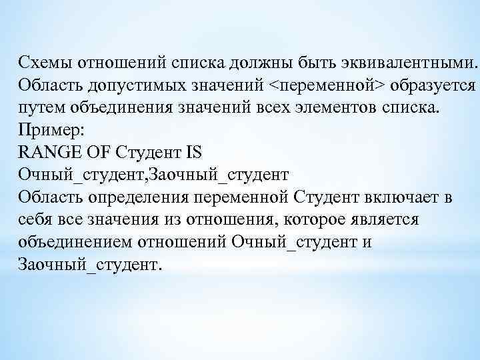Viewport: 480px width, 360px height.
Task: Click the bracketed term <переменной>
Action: (327, 86)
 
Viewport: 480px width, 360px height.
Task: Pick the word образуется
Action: (433, 86)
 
